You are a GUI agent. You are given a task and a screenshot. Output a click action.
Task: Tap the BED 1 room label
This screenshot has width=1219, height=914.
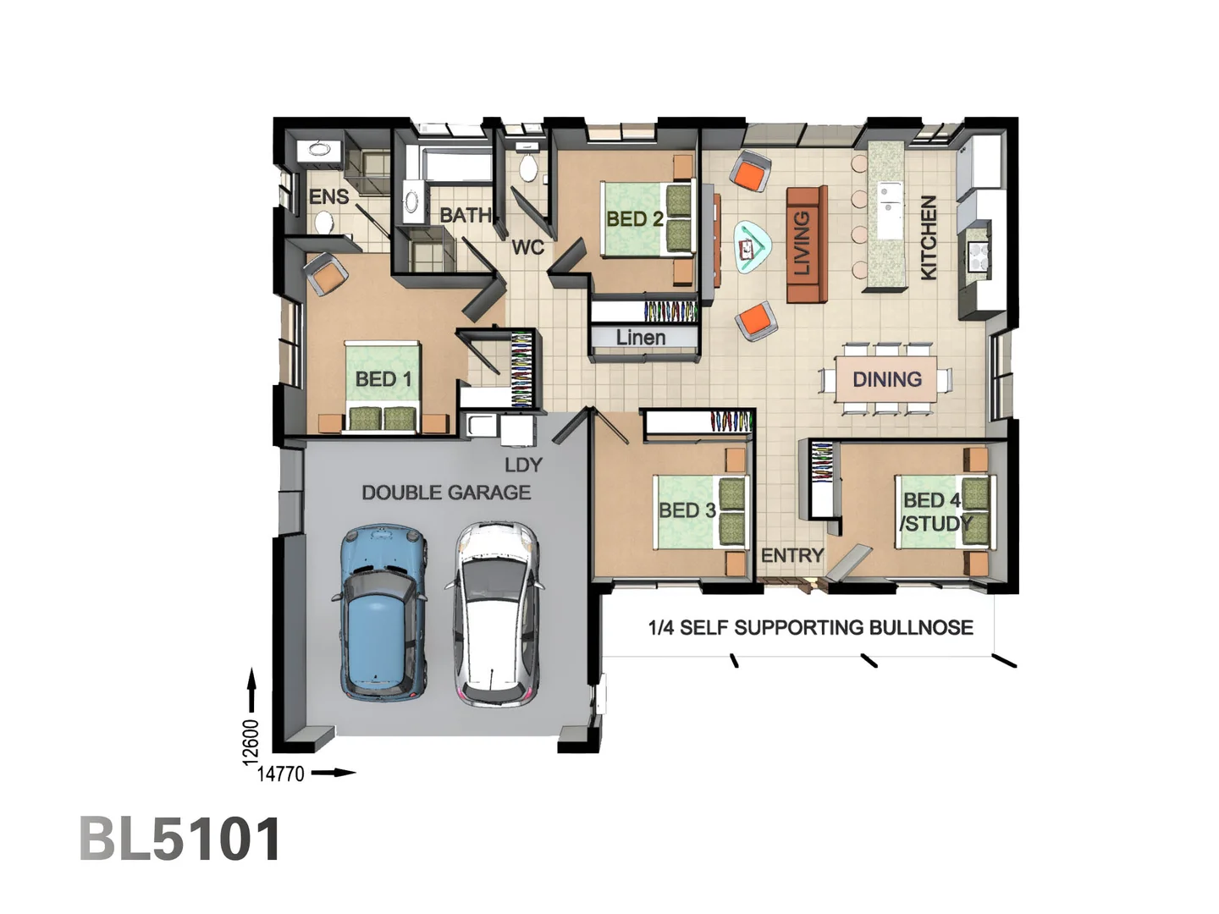(383, 379)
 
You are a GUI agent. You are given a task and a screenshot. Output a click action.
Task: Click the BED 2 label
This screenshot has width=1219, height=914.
(635, 219)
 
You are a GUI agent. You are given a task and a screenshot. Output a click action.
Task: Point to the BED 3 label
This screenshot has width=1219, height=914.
(687, 510)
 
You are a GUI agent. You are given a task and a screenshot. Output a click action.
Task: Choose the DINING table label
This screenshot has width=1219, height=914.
(887, 380)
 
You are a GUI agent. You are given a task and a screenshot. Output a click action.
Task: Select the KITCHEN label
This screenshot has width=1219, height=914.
(929, 237)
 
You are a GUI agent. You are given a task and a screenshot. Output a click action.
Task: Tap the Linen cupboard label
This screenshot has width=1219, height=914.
(641, 338)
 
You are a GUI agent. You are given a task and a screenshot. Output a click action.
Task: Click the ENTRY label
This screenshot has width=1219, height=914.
(792, 555)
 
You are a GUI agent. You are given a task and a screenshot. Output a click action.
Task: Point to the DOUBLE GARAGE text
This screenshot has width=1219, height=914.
(446, 493)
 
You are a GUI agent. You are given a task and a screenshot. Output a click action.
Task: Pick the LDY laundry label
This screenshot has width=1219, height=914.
(523, 465)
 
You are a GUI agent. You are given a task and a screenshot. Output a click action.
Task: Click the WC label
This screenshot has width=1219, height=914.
(527, 247)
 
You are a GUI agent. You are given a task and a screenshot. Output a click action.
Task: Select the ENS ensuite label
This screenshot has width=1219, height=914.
(328, 196)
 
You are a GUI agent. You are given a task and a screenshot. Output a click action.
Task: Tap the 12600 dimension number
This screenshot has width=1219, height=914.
(251, 742)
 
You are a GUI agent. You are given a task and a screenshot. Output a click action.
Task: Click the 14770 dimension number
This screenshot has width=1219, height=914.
(280, 774)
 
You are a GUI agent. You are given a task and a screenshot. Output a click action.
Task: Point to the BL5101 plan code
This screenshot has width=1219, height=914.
(180, 839)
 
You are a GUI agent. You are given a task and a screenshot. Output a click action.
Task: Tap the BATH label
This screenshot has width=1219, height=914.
(466, 215)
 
